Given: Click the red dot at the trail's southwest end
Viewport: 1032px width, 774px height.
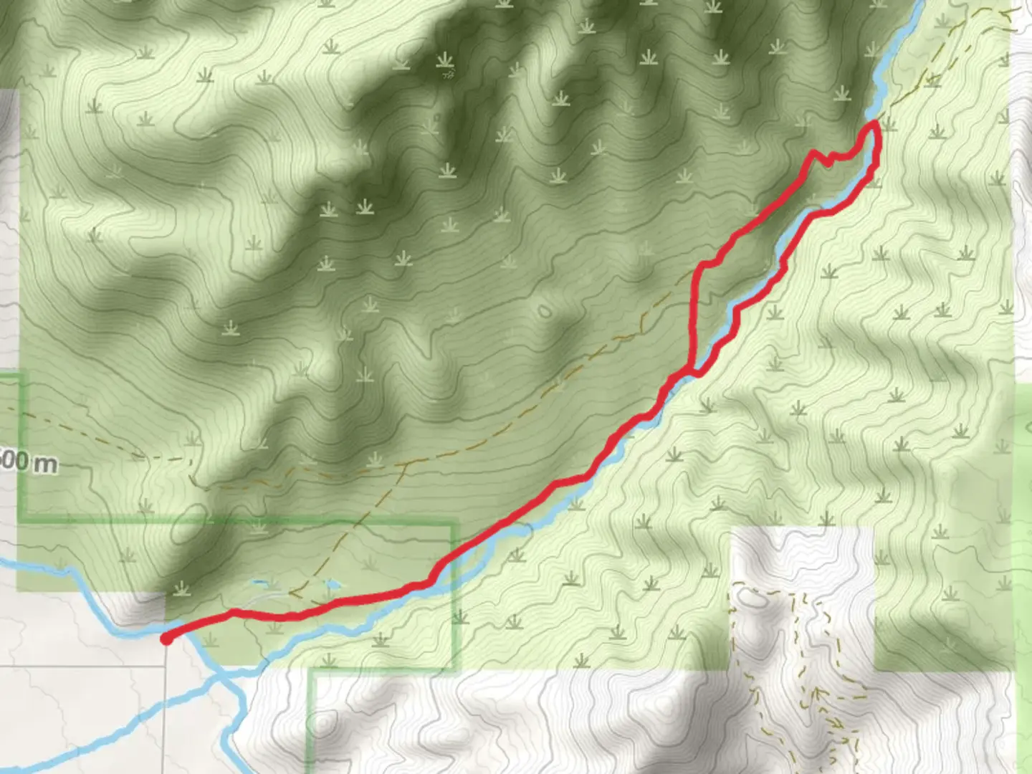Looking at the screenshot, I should (166, 639).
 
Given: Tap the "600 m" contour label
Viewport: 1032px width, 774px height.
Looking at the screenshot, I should (29, 462).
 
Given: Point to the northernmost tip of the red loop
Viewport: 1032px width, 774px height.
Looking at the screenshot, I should (874, 125).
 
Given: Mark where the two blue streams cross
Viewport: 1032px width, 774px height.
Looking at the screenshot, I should (225, 674).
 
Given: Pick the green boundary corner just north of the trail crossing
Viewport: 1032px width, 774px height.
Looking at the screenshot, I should (454, 525).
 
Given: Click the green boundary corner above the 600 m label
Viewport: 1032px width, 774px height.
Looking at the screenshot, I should (21, 376).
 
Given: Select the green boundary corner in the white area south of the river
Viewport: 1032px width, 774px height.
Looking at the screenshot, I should (312, 672).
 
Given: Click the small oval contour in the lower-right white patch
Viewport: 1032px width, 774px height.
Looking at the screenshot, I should (747, 596).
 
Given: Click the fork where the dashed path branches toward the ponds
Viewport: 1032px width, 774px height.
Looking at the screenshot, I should (406, 464).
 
